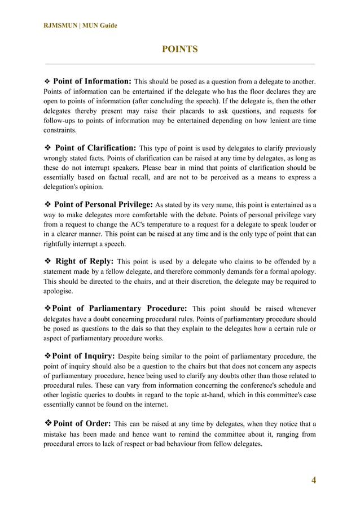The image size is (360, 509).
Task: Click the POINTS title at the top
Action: [x=179, y=49]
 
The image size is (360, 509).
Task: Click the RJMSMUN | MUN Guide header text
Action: [x=80, y=25]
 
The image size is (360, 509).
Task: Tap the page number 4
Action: [x=314, y=480]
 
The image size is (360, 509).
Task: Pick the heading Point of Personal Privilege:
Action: [x=103, y=204]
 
